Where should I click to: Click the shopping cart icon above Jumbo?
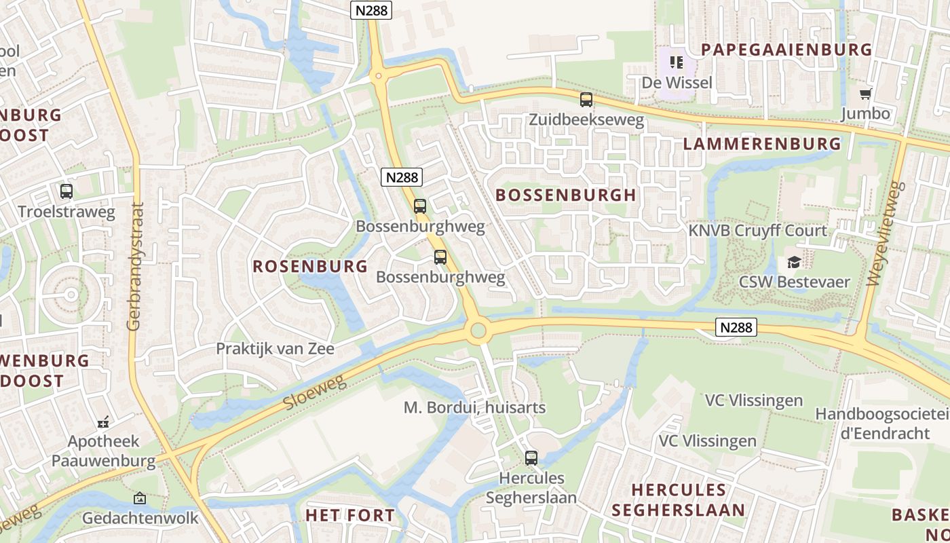click(865, 94)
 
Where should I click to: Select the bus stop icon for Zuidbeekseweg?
click(586, 100)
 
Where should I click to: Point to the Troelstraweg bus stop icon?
click(66, 191)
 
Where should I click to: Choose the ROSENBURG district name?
click(310, 266)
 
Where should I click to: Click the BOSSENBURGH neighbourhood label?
click(566, 195)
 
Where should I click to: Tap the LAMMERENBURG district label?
click(761, 144)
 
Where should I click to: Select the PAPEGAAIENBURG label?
click(786, 50)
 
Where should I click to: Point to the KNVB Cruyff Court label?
click(758, 231)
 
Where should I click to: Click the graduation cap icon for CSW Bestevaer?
click(793, 263)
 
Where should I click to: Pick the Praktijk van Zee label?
click(275, 349)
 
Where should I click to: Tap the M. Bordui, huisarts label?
click(474, 408)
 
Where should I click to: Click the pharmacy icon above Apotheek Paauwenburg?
click(103, 423)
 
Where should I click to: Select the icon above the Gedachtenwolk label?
click(139, 499)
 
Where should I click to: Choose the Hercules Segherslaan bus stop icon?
click(531, 458)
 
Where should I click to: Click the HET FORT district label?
click(349, 515)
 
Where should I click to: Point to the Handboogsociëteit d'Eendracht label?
click(882, 423)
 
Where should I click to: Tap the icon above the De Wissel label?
click(676, 63)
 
